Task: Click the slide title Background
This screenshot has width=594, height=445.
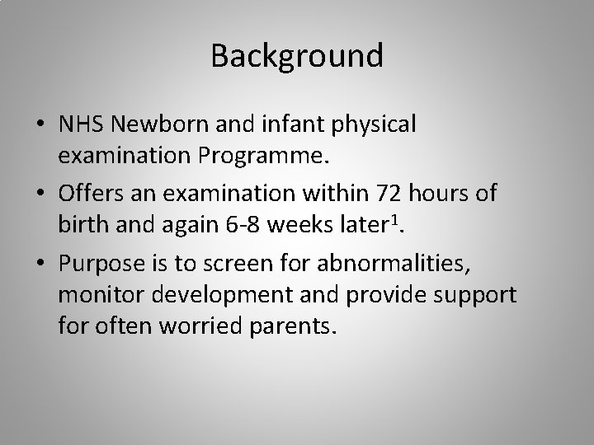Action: tap(297, 56)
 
